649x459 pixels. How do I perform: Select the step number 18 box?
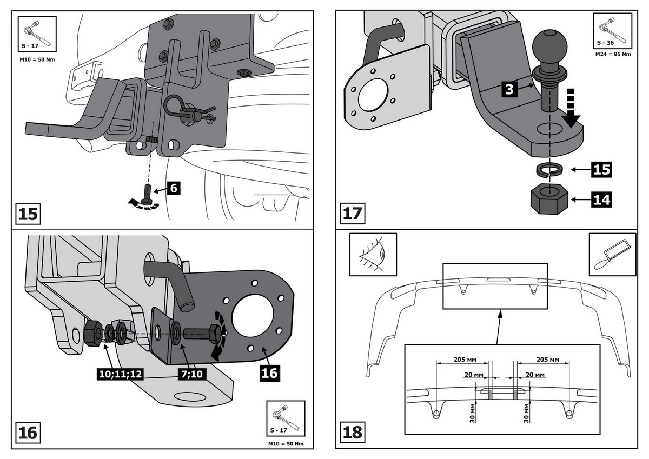(353, 433)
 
